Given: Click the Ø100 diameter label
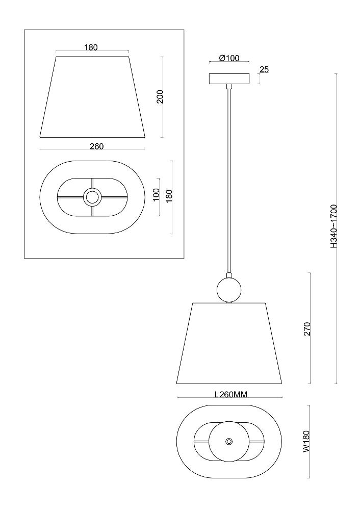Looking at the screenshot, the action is point(229,58).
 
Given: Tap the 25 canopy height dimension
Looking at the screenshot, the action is point(264,69).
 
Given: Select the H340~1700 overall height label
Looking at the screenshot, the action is point(333,226).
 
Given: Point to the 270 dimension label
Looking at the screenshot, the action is point(307,329).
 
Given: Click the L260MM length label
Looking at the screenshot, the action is point(231,395).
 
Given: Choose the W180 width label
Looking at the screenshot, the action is point(306,441).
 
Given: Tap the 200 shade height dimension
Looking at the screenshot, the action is point(160,96).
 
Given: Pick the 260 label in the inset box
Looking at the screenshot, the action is point(96,146).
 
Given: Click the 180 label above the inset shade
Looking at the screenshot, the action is point(91,47).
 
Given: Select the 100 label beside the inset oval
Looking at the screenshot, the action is point(156,195).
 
